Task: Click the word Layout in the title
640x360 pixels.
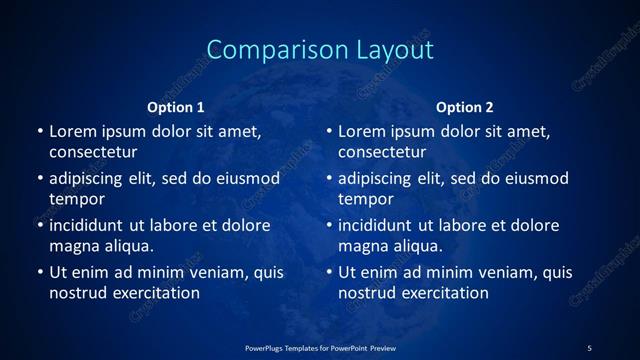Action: (x=385, y=50)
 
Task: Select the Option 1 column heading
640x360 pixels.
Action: (x=176, y=107)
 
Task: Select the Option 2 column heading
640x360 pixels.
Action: (x=465, y=107)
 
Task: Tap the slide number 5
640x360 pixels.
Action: (x=589, y=347)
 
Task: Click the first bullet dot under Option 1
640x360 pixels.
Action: (x=40, y=131)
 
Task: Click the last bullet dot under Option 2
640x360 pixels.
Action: (x=329, y=272)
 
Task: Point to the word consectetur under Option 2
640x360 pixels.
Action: (x=382, y=152)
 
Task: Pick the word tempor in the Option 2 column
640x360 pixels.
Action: (x=366, y=199)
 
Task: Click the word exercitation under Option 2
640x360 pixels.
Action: (x=442, y=293)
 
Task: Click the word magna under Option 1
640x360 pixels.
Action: (x=72, y=246)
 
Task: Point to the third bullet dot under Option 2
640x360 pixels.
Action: (x=329, y=225)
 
